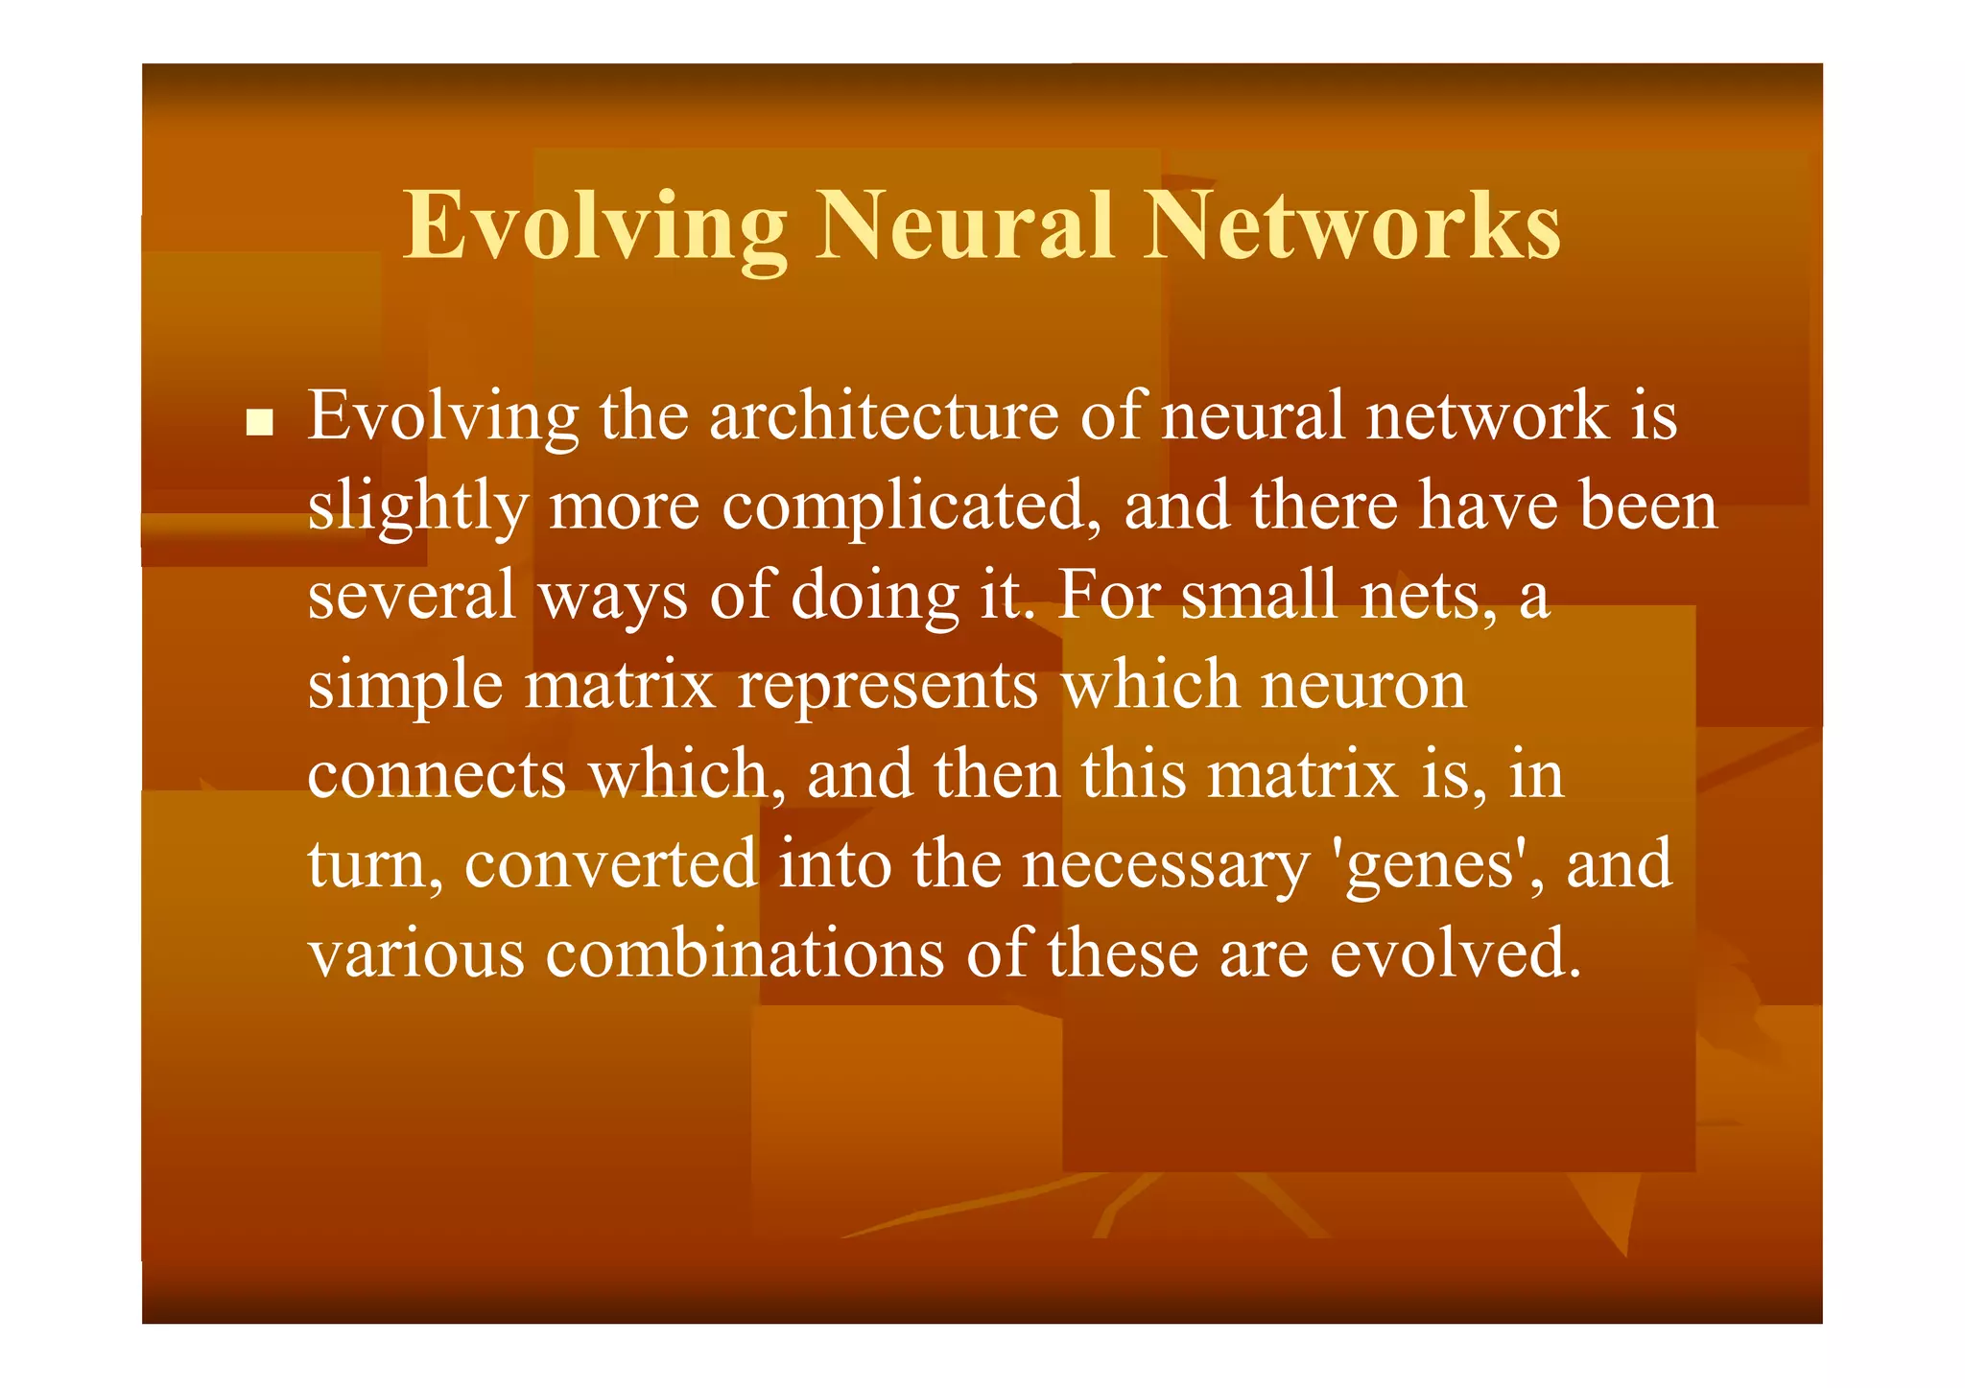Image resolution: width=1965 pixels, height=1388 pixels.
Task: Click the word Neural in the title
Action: coord(964,225)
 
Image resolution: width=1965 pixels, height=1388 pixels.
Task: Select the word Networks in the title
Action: coord(1353,225)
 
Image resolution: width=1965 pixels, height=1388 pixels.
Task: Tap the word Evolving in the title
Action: coord(595,227)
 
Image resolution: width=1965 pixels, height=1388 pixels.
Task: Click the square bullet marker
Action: coord(258,422)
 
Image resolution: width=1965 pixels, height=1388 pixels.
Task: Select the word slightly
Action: coord(417,508)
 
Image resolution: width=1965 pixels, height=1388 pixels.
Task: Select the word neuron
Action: coord(1363,685)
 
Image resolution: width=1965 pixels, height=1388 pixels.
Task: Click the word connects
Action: coord(437,775)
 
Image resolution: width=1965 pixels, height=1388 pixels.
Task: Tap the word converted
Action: coord(611,863)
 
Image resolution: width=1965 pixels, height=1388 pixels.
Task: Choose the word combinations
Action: coord(745,953)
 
